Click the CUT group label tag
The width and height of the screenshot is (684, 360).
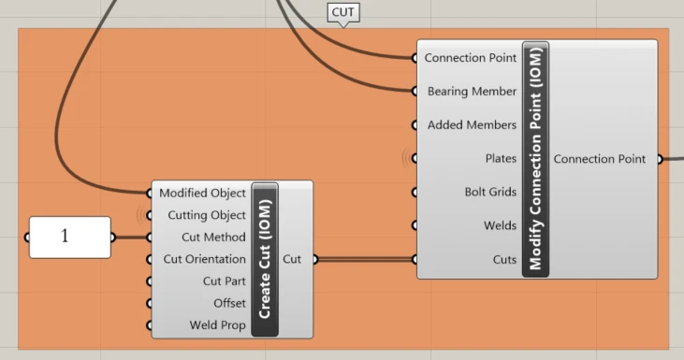pos(343,13)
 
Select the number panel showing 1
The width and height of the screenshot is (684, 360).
pos(70,238)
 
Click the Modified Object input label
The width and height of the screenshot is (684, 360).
pos(202,193)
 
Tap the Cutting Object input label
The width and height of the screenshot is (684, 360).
pos(207,215)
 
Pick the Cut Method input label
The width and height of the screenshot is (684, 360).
pos(213,238)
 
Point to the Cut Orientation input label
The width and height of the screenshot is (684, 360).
pos(205,259)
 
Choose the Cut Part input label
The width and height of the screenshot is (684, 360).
pos(225,281)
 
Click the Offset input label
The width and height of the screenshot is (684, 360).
pos(230,303)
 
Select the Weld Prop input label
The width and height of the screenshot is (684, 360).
pos(218,325)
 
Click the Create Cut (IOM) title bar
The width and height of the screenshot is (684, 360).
pos(265,259)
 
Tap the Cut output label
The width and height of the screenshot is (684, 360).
pos(292,259)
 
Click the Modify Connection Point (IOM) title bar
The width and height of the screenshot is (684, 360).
pos(535,159)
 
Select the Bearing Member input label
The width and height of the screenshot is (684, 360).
pos(472,91)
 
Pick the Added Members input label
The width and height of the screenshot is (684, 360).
pos(472,124)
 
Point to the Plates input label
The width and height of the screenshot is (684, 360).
pos(501,158)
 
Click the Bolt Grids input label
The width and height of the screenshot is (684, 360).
pos(490,192)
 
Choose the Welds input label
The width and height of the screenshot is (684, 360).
pos(501,225)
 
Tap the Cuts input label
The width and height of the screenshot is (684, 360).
pos(504,259)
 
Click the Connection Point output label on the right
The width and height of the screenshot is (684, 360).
pos(600,159)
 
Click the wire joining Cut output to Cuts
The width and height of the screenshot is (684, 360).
pos(365,259)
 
